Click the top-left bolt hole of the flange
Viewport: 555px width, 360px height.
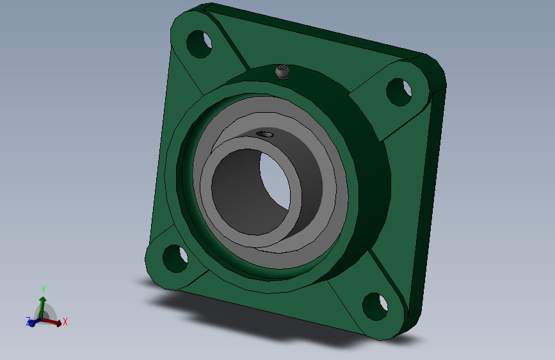coord(199,44)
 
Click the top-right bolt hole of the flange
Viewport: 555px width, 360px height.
coord(399,92)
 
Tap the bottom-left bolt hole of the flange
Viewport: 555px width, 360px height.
coord(175,258)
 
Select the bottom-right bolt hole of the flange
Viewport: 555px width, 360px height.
coord(375,306)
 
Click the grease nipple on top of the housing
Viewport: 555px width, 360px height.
coord(282,72)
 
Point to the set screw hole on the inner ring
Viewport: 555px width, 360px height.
coord(265,134)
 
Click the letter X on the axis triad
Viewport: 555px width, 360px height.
coord(65,322)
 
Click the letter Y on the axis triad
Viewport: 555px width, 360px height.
coord(43,289)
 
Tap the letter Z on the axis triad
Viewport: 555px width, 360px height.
coord(28,322)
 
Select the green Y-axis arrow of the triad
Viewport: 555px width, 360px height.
coord(42,307)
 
